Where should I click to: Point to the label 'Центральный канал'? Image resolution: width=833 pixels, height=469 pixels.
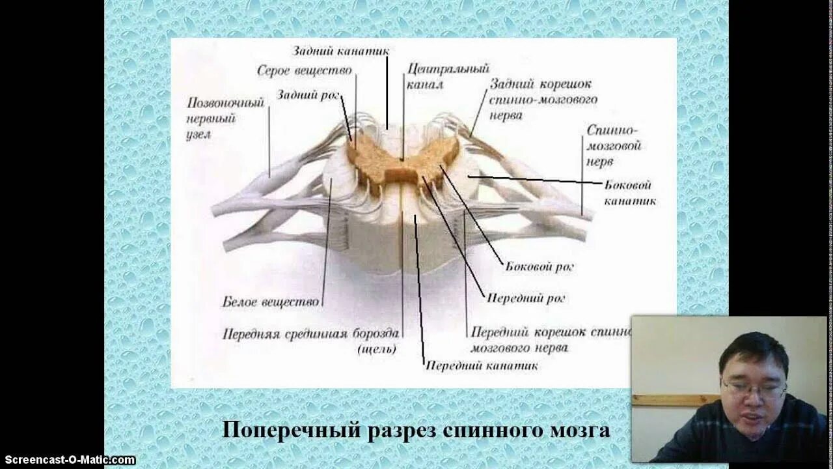[448, 76]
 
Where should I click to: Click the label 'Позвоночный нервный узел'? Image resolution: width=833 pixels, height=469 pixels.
[216, 119]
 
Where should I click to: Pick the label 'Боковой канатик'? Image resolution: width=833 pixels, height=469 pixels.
[629, 193]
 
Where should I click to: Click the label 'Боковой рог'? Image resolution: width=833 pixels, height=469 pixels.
[539, 266]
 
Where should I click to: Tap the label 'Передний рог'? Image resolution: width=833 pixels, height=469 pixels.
[526, 298]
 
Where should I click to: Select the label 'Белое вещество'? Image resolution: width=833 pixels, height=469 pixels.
[271, 302]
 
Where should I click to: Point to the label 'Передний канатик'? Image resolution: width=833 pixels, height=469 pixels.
[482, 365]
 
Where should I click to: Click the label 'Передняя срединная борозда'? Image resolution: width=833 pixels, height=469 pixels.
[311, 334]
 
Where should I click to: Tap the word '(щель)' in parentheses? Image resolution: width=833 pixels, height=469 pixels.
[377, 349]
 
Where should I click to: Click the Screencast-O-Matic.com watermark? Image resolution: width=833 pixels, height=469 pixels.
[68, 460]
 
